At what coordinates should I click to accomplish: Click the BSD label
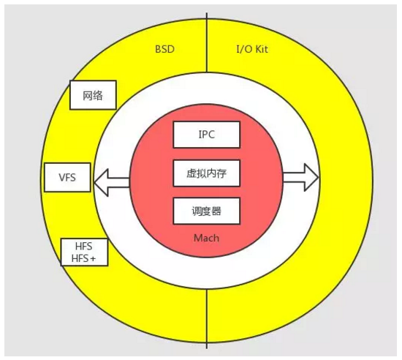pyautogui.click(x=164, y=49)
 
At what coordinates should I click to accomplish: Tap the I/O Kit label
pyautogui.click(x=251, y=49)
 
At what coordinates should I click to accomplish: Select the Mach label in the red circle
pyautogui.click(x=206, y=238)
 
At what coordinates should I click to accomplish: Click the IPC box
pyautogui.click(x=207, y=135)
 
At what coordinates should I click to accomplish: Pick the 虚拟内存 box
pyautogui.click(x=207, y=173)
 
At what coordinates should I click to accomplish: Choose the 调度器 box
pyautogui.click(x=207, y=211)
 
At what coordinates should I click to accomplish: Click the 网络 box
pyautogui.click(x=93, y=95)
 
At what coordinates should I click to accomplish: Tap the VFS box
pyautogui.click(x=67, y=177)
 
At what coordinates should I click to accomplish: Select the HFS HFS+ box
pyautogui.click(x=84, y=252)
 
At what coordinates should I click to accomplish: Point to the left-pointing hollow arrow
pyautogui.click(x=112, y=182)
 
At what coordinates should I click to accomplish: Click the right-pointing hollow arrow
pyautogui.click(x=300, y=177)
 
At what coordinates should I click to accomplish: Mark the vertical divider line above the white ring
pyautogui.click(x=207, y=42)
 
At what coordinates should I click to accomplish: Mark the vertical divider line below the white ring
pyautogui.click(x=207, y=319)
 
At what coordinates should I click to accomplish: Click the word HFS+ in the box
pyautogui.click(x=83, y=258)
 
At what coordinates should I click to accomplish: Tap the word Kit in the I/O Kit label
pyautogui.click(x=261, y=49)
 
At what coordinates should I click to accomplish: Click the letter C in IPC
pyautogui.click(x=211, y=135)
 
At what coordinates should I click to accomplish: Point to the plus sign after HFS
pyautogui.click(x=93, y=259)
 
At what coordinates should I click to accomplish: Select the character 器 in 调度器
pyautogui.click(x=216, y=211)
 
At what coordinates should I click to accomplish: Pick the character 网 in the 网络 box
pyautogui.click(x=88, y=95)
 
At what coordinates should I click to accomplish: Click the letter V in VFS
pyautogui.click(x=62, y=178)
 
